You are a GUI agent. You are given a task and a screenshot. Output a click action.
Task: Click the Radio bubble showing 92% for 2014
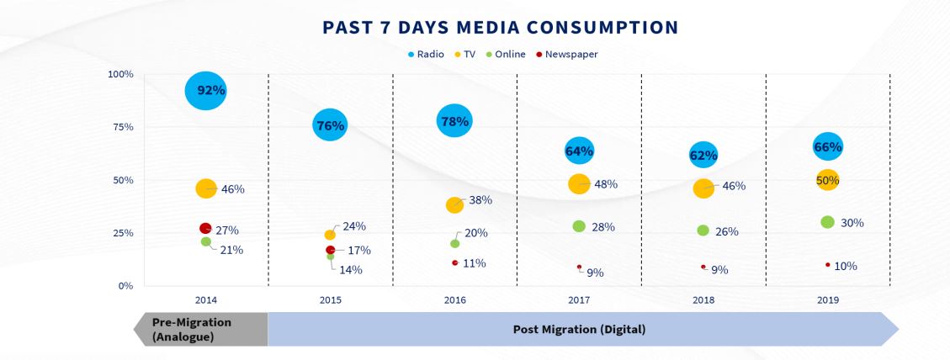(x=206, y=91)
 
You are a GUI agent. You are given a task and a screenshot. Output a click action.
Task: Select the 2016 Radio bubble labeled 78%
(x=454, y=122)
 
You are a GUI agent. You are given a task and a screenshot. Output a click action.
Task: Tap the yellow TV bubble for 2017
(x=579, y=183)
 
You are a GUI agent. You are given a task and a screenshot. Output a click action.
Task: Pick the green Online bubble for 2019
(x=827, y=222)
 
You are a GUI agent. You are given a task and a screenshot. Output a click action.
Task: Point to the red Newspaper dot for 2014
(x=205, y=228)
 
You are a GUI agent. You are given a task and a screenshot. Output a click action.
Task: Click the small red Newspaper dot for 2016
(x=454, y=262)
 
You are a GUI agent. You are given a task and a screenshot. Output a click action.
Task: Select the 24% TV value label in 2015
(x=353, y=227)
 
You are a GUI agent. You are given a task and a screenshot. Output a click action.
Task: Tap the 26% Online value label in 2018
(x=726, y=231)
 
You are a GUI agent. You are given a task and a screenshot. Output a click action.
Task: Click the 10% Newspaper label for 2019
(x=845, y=267)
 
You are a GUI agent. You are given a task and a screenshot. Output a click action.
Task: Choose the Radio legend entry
(x=425, y=55)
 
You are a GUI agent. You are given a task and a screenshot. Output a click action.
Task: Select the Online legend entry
(x=506, y=55)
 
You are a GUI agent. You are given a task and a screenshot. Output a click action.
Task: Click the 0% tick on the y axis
(x=125, y=286)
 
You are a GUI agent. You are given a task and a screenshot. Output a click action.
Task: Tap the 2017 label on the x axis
(x=579, y=299)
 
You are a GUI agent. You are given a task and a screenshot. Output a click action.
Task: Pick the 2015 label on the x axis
(x=331, y=299)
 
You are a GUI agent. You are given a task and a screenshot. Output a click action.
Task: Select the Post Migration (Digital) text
(x=579, y=329)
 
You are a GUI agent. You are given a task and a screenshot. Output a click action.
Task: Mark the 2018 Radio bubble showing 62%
(x=703, y=155)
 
